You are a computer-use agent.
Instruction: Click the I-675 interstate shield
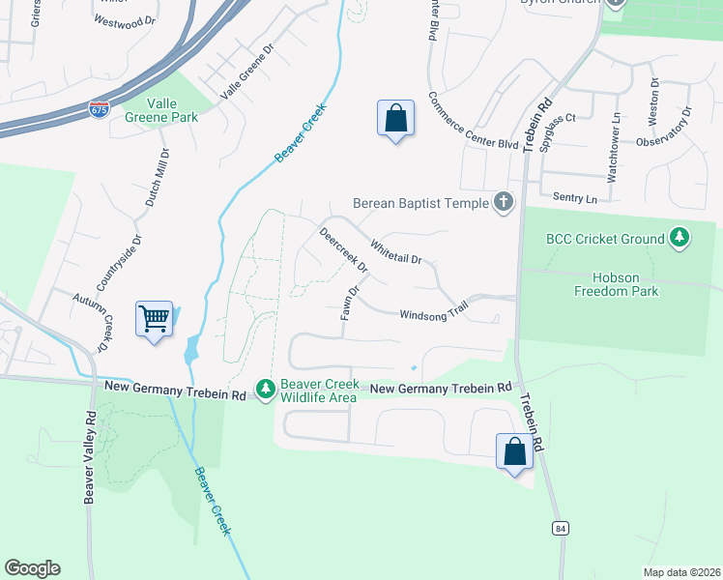coord(99,109)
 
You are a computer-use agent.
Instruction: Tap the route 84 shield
coord(561,528)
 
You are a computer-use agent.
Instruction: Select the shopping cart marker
coord(155,318)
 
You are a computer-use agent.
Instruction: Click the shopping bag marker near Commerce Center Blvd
coord(395,118)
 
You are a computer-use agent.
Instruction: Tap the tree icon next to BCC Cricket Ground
coord(680,238)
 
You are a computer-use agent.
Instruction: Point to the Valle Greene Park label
coord(161,110)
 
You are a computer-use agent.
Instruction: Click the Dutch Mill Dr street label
coord(158,178)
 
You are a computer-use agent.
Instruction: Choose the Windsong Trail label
coord(433,314)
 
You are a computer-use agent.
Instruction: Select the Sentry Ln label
coord(575,197)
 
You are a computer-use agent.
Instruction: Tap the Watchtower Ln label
coord(613,147)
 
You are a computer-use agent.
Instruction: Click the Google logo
coord(32,568)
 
